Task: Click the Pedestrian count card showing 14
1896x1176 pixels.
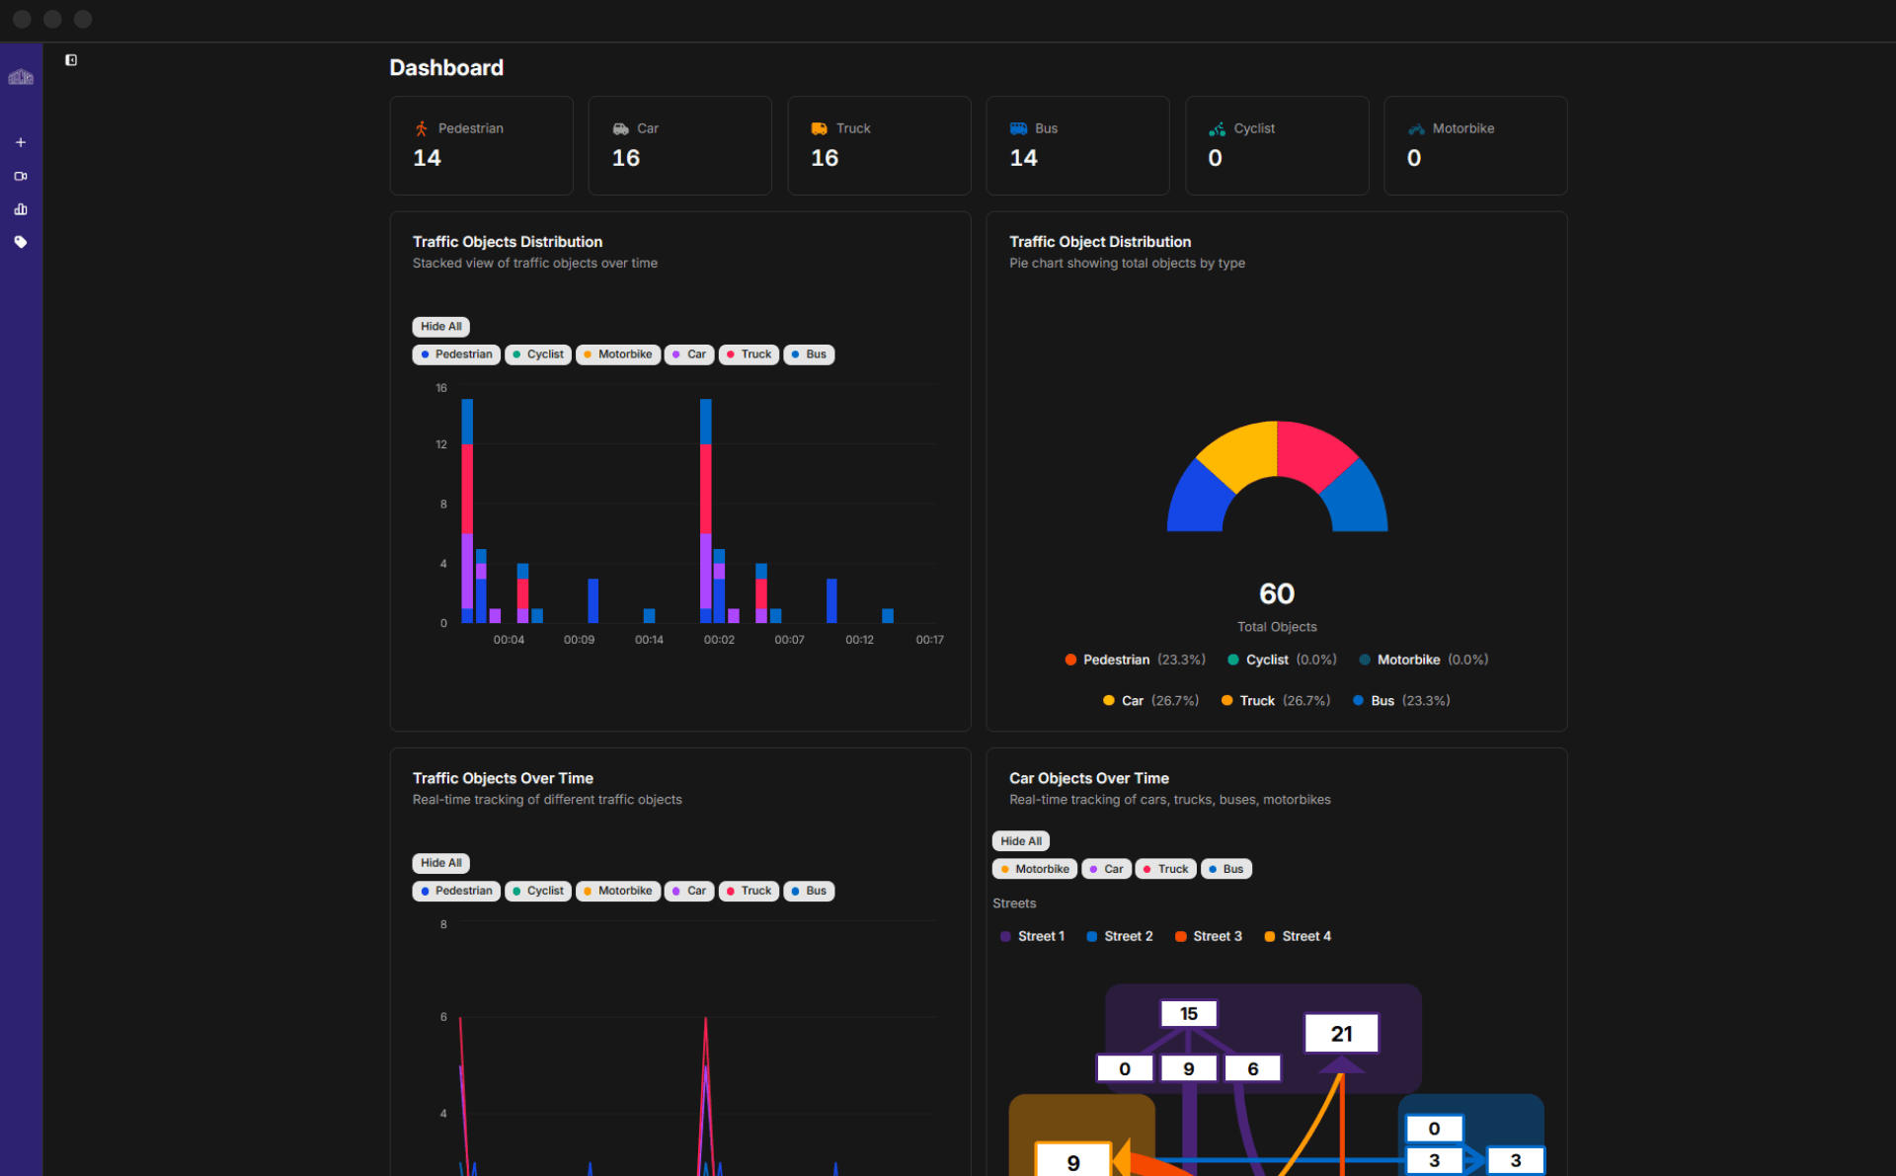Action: (481, 145)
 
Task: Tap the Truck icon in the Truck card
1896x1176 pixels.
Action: (819, 128)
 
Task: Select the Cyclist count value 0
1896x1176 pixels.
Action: (1215, 158)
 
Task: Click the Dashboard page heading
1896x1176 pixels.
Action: (446, 68)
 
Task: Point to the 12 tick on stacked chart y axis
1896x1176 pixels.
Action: (441, 444)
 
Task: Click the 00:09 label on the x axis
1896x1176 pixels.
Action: (579, 640)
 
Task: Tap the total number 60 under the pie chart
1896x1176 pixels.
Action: (1276, 593)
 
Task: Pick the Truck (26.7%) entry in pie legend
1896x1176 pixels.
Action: (1275, 701)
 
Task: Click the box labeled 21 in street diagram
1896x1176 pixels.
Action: (1340, 1034)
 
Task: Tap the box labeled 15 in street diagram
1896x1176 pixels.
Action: (1188, 1014)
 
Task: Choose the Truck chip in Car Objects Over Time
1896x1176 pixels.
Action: (1165, 869)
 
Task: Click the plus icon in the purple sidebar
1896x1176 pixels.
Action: (21, 142)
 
